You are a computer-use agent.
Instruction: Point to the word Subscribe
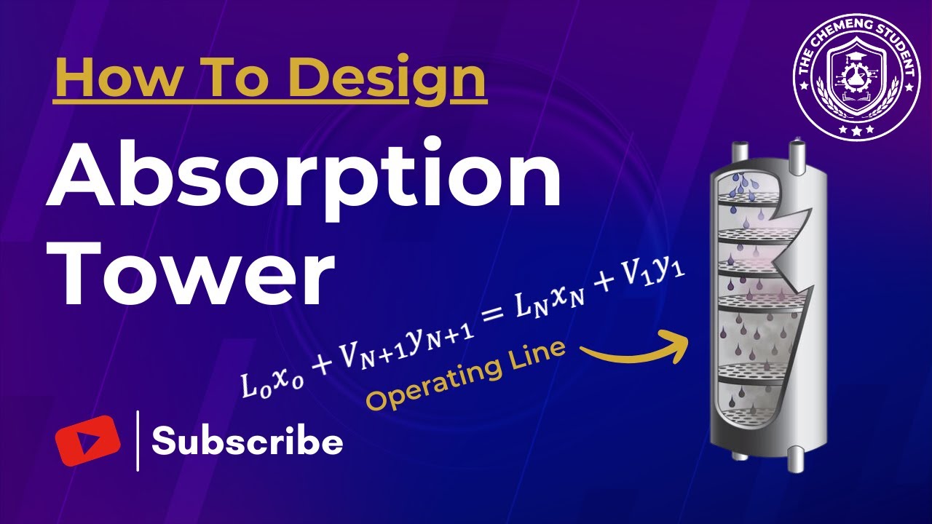[247, 442]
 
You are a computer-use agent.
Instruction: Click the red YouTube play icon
[87, 440]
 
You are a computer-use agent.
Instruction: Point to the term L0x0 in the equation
[267, 381]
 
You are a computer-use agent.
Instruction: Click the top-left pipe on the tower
[740, 152]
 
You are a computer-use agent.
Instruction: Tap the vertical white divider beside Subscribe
[138, 440]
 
